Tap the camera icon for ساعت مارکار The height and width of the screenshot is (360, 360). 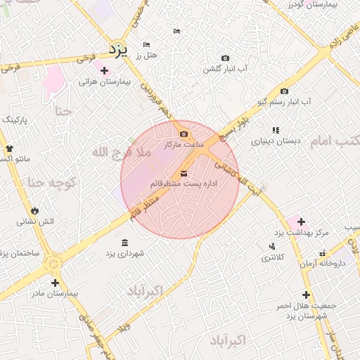pos(184,134)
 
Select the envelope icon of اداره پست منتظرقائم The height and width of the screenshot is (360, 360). pos(184,173)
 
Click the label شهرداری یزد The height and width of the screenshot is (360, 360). pos(125,252)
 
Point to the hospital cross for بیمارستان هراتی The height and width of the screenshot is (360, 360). pos(105,70)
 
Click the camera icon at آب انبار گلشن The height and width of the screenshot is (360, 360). pos(225,58)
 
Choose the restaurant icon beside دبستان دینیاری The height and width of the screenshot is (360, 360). pos(276,130)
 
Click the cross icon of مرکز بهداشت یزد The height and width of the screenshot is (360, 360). pos(301,221)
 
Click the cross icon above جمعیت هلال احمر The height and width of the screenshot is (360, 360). pos(306,295)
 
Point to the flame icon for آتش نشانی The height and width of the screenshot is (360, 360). pos(34,210)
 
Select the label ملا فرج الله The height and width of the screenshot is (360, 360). pos(121,151)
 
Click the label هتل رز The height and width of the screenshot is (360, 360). pos(148,55)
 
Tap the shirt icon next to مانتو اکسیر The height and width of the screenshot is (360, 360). pos(10,148)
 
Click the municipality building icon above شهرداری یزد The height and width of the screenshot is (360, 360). pos(124,243)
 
